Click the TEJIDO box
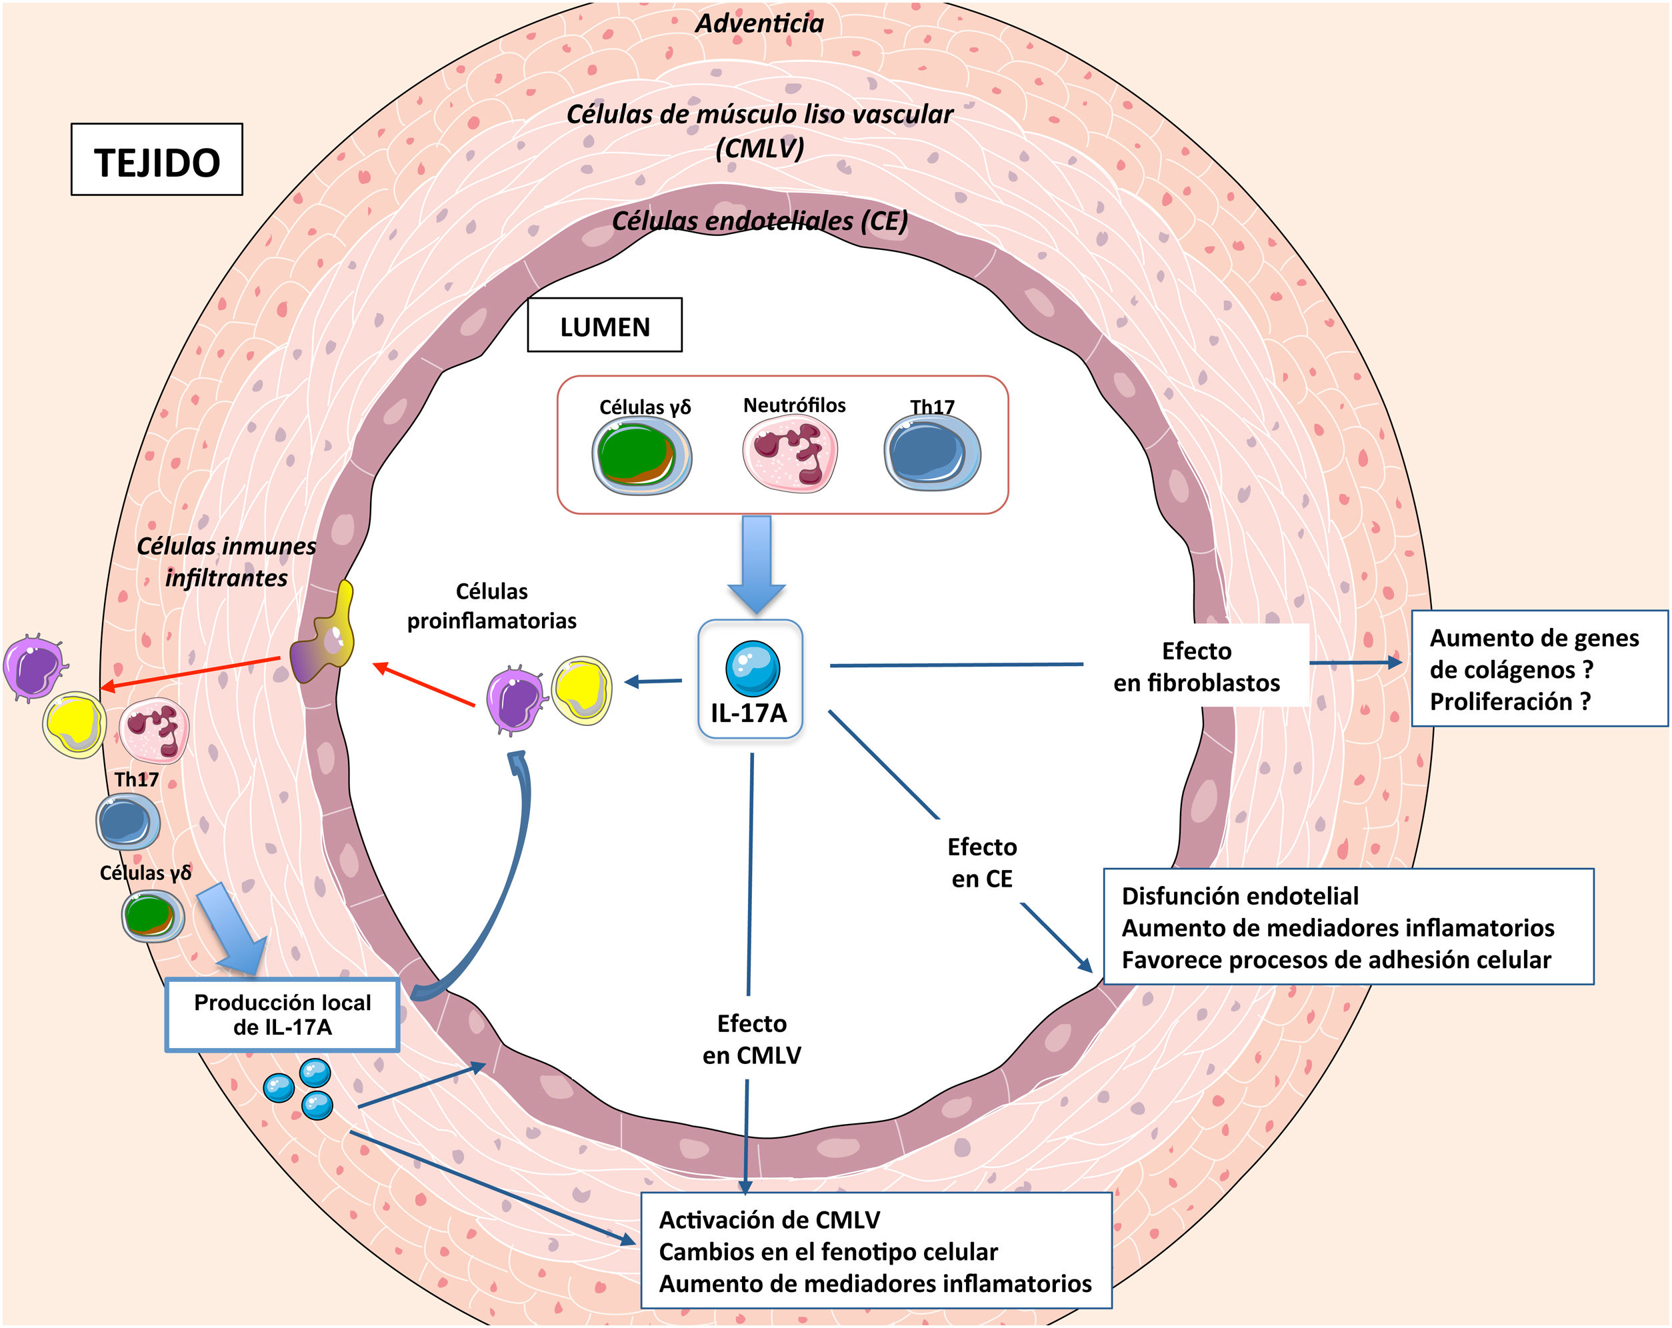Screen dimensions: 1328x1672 click(157, 160)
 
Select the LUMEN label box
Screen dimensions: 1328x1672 click(604, 326)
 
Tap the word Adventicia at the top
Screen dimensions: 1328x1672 click(759, 23)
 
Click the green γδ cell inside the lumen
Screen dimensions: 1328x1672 click(641, 455)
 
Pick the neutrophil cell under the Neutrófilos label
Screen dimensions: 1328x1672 click(789, 453)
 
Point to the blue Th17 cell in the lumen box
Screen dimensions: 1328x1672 click(931, 452)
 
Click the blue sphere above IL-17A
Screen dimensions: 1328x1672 click(752, 668)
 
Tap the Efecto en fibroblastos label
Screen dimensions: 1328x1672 click(1196, 666)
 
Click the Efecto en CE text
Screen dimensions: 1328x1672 click(982, 863)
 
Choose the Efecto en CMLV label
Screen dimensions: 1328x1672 click(751, 1039)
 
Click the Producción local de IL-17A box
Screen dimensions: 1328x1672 click(282, 1015)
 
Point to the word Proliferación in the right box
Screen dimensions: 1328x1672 click(1501, 702)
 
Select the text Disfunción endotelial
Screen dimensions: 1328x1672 click(1239, 897)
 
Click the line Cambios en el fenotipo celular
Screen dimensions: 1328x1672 click(827, 1252)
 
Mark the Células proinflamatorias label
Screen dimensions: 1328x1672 click(492, 606)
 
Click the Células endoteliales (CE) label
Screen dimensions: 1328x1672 click(759, 221)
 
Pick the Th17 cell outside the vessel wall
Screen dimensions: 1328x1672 click(128, 821)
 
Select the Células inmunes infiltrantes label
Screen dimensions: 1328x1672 click(227, 561)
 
